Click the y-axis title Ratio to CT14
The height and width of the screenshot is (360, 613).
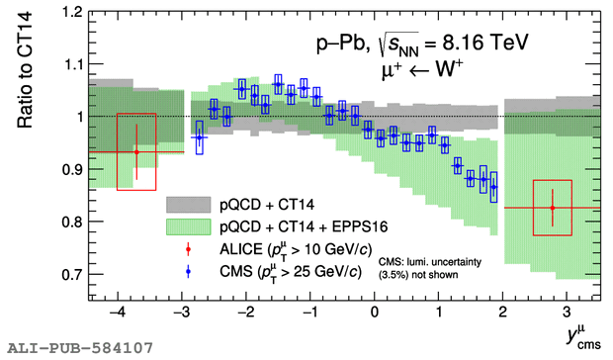25,70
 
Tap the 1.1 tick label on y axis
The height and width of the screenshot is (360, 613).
72,63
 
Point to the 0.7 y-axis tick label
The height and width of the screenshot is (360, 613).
72,274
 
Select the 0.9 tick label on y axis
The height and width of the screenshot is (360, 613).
72,169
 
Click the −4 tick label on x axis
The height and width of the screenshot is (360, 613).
118,313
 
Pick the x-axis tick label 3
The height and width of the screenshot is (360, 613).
567,313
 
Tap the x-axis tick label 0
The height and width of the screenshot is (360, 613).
375,313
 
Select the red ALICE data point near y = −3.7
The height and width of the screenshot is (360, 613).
136,152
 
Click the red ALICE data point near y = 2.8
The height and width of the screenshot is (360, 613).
553,208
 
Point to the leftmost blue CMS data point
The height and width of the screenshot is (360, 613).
200,137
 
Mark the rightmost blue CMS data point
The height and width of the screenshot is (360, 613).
493,187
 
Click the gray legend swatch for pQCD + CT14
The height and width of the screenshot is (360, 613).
189,205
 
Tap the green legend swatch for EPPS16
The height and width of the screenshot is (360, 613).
189,226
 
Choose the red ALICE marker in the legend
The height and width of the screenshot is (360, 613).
188,249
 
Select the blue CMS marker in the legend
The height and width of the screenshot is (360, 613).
188,271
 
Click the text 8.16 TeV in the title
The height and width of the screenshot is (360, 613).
485,43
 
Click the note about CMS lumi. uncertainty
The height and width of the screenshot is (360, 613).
430,268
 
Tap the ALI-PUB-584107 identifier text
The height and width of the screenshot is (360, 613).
80,347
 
